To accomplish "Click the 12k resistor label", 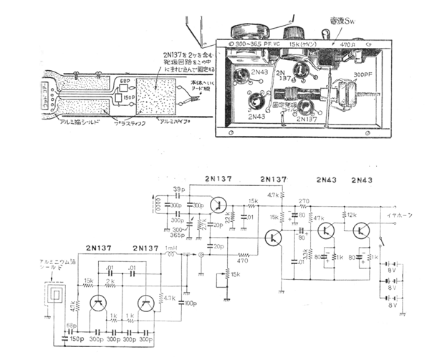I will tap(350, 215).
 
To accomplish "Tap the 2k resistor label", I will tap(110, 281).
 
